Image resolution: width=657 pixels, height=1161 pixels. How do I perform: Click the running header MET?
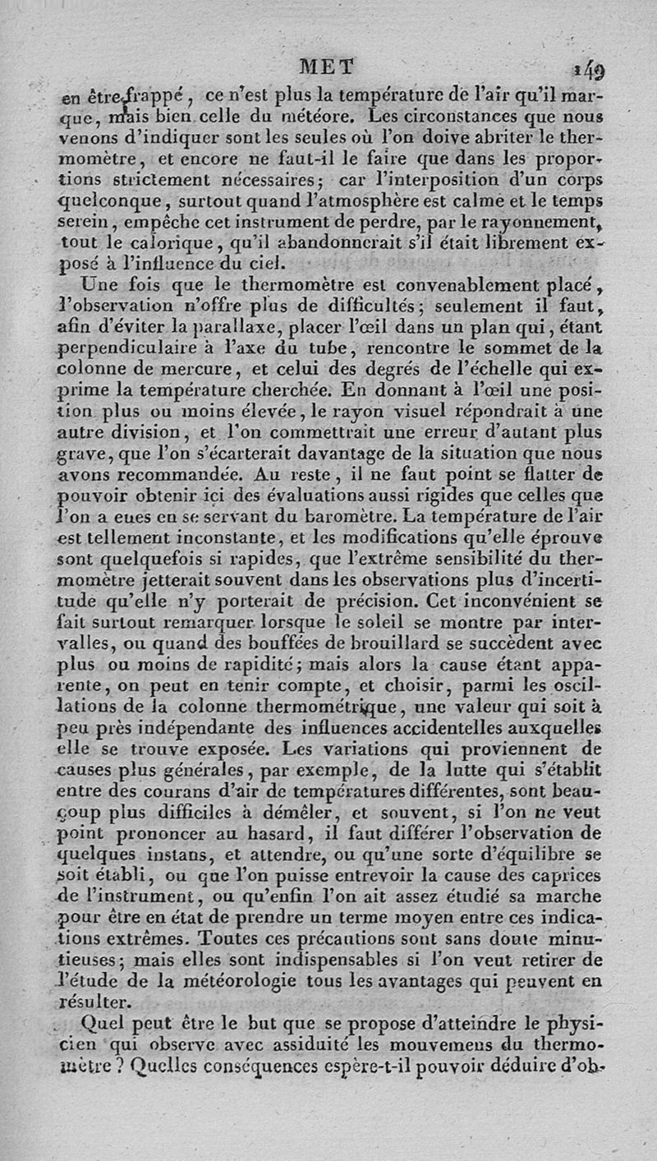(x=326, y=66)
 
